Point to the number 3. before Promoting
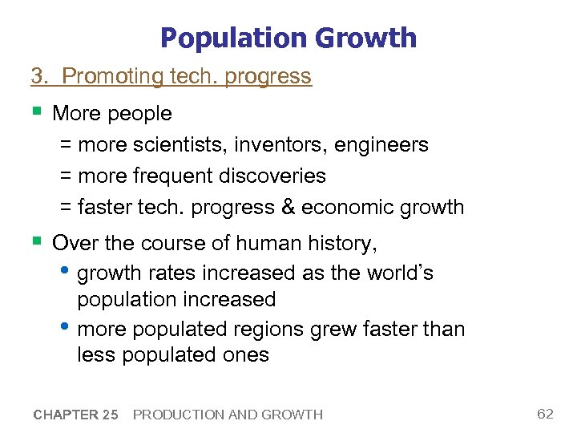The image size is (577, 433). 40,76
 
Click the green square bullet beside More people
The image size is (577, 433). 37,112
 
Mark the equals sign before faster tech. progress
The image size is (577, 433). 67,207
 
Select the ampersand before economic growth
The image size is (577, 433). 288,207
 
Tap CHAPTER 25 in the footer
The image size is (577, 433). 76,415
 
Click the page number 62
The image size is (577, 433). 545,414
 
